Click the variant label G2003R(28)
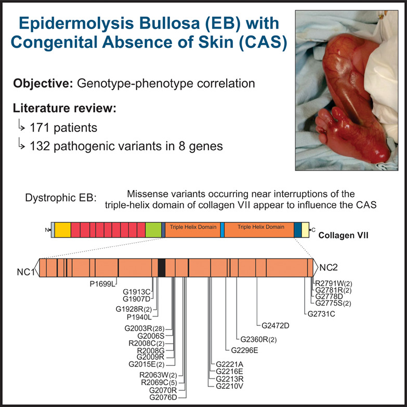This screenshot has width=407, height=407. pos(145,329)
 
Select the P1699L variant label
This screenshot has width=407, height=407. pos(102,284)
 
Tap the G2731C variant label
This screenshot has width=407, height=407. pos(321,314)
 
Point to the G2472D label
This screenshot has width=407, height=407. pos(275,325)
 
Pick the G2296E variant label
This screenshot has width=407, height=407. pos(244,350)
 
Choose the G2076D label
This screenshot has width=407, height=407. pos(163,398)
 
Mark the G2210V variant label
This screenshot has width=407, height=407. pos(229,386)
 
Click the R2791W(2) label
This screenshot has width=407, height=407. pos(334,283)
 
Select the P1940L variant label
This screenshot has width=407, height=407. pos(139,317)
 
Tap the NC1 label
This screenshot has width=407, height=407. pos(25,272)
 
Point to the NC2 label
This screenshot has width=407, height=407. pos(329,267)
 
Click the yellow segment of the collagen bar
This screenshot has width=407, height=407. pos(63,230)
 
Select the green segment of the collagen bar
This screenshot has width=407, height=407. pos(153,230)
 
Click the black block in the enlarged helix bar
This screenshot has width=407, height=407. pos(162,268)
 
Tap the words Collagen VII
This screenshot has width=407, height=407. pos(343,235)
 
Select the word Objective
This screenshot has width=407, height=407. pos(43,84)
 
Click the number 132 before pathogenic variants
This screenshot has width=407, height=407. pos(40,146)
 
